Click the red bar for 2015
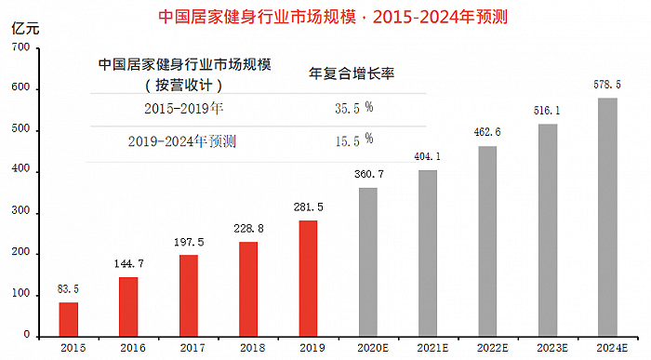[x=69, y=318]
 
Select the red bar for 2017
[x=189, y=295]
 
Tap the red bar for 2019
[x=309, y=277]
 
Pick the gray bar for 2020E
[x=368, y=261]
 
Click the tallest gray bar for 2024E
[x=607, y=216]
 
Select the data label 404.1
[x=428, y=157]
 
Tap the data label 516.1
[x=548, y=111]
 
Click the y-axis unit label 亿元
[x=24, y=25]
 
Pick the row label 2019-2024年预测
[x=182, y=140]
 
